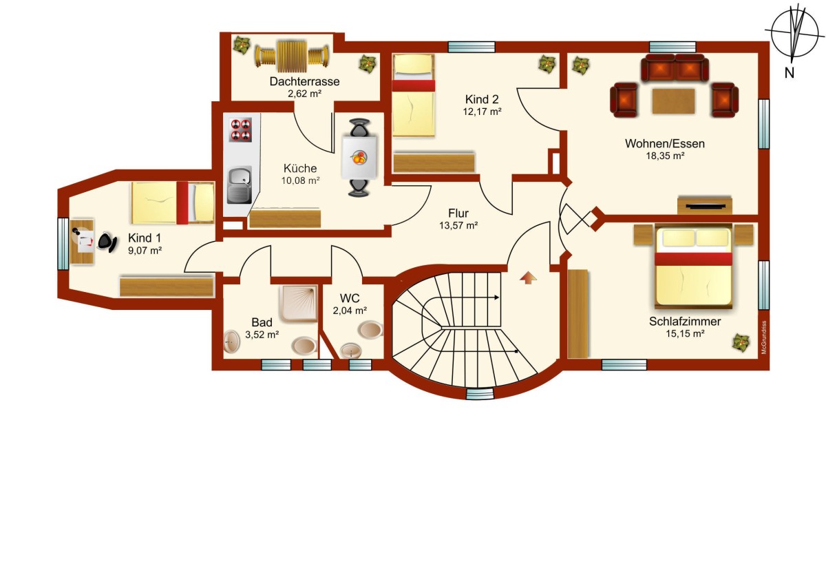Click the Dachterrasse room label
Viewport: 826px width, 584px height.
coord(304,81)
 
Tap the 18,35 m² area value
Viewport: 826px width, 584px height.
coord(665,156)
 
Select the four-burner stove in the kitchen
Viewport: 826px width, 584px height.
coord(240,129)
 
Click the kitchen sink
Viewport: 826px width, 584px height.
coord(240,185)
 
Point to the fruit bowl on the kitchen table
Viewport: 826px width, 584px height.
coord(359,157)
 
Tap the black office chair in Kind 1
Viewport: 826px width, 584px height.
coord(107,242)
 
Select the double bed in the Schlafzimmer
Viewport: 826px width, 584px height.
coord(693,267)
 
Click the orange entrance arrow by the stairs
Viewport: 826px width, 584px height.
coord(528,278)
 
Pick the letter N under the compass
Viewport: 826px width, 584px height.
coord(789,73)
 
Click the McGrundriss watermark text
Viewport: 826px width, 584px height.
coord(763,337)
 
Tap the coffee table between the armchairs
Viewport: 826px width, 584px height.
coord(673,101)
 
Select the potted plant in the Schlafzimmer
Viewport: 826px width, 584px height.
coord(741,342)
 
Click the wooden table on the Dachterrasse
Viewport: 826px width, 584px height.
coord(292,56)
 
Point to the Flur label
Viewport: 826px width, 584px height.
coord(458,213)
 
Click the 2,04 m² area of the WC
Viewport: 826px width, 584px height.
coord(350,311)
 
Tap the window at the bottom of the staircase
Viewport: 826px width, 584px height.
coord(480,394)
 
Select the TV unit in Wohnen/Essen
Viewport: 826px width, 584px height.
coord(705,205)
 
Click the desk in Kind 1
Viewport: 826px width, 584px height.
coord(82,242)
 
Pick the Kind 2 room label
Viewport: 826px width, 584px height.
coord(482,99)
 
